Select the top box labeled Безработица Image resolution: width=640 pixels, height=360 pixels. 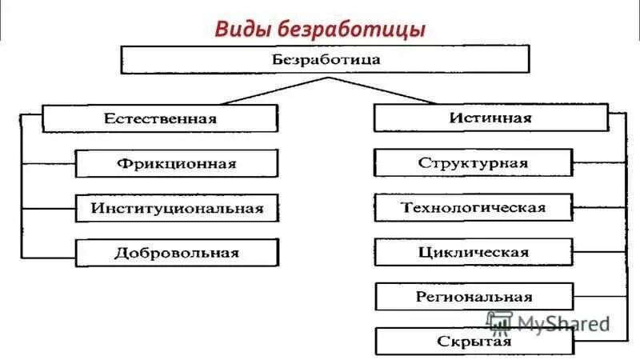coord(325,59)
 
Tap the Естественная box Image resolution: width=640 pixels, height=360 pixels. coord(160,118)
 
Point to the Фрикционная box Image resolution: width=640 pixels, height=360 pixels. coord(177,163)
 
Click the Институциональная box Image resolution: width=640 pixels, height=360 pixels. coord(177,208)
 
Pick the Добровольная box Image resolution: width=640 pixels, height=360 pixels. coord(177,253)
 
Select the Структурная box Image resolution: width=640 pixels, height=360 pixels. coord(474,163)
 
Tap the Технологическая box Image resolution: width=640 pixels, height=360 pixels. coord(474,208)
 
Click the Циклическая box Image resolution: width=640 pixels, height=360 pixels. coord(474,253)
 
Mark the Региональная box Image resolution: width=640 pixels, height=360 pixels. coord(474,297)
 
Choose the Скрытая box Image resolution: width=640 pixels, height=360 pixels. coord(474,342)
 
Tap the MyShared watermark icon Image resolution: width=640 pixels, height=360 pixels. coord(499,322)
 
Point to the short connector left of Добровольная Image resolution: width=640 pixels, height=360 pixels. coord(48,256)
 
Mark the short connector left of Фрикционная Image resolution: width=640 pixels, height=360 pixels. coord(48,163)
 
